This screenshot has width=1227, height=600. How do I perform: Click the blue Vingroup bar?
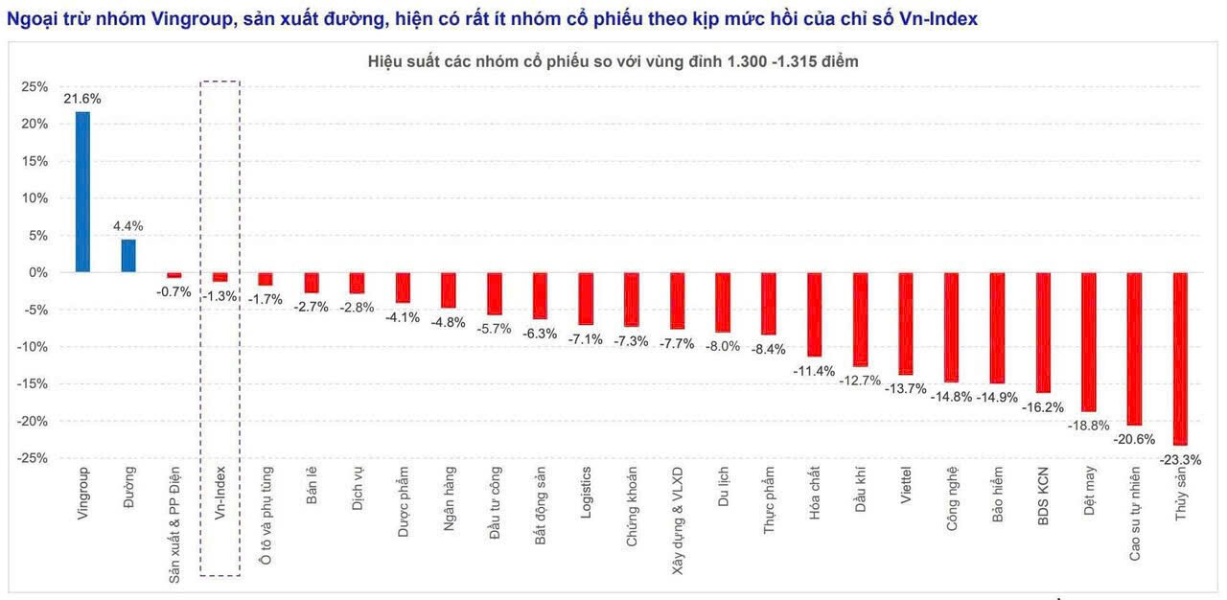tap(82, 192)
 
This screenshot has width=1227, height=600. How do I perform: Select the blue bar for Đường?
tap(128, 256)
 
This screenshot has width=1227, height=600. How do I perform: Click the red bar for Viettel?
tap(905, 323)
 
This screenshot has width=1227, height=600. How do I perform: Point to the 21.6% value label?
tap(82, 99)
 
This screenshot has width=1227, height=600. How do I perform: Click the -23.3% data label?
tap(1180, 459)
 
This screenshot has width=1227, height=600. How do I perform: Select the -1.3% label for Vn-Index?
tap(220, 296)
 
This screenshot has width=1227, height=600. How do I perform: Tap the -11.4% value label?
tap(814, 371)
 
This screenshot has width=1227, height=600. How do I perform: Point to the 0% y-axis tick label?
tap(38, 272)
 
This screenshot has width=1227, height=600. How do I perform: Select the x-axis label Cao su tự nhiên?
tap(1134, 514)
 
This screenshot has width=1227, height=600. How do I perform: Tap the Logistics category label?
tap(586, 493)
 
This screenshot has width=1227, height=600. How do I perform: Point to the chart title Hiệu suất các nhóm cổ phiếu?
tap(613, 61)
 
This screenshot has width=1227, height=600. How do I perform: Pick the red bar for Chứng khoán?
tap(631, 299)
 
